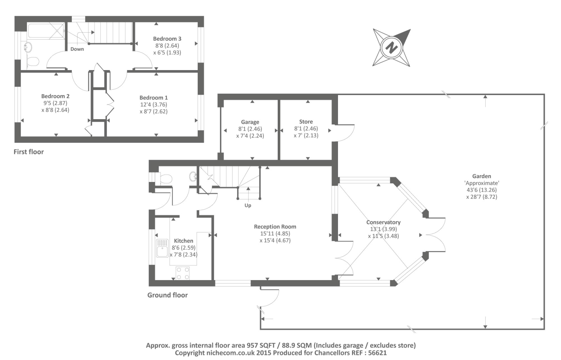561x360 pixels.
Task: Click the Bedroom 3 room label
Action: coord(167,39)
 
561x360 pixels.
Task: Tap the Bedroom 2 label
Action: coord(55,96)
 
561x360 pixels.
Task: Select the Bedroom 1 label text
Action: coord(154,98)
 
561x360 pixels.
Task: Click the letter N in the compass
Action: coord(391,47)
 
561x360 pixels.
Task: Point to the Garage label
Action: coord(250,122)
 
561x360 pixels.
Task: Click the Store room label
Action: coord(306,122)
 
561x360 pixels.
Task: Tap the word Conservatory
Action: coord(384,222)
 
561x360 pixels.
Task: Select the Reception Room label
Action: coord(275,226)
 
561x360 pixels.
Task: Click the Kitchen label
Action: coord(184,241)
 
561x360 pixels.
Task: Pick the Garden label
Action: coord(482,176)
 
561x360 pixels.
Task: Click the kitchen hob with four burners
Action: coord(183,273)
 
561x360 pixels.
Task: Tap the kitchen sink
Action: coord(162,248)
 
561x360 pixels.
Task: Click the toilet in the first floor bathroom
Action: coord(33,61)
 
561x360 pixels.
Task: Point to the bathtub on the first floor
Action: coord(46,30)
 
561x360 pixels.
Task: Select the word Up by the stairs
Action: coord(248,205)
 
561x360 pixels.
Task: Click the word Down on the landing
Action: coord(77,49)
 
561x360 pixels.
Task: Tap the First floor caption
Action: coord(28,152)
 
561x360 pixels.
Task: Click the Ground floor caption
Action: coord(168,295)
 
